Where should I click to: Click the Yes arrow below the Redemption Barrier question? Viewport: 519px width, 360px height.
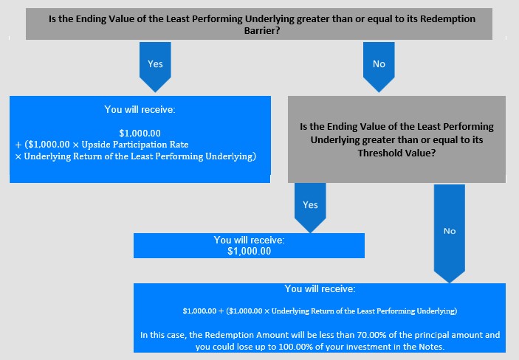(155, 67)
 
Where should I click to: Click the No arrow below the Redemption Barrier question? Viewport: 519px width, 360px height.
(379, 67)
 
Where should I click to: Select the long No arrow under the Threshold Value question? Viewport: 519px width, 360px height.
(450, 234)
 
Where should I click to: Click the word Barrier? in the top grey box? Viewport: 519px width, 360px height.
(262, 30)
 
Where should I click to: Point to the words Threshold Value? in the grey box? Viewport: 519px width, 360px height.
(396, 153)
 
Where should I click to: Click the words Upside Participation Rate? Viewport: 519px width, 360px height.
(135, 145)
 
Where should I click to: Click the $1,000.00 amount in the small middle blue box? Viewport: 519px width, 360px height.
(250, 251)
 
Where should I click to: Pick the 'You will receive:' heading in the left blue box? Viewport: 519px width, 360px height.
(140, 109)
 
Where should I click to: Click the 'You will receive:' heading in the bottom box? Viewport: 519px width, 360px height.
(320, 289)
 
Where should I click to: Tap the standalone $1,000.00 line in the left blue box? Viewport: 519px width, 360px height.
(140, 134)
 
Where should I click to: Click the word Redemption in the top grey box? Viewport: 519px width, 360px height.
(448, 18)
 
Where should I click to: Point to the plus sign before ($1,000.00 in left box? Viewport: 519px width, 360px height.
(18, 145)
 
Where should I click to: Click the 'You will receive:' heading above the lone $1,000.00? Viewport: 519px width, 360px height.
(250, 240)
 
